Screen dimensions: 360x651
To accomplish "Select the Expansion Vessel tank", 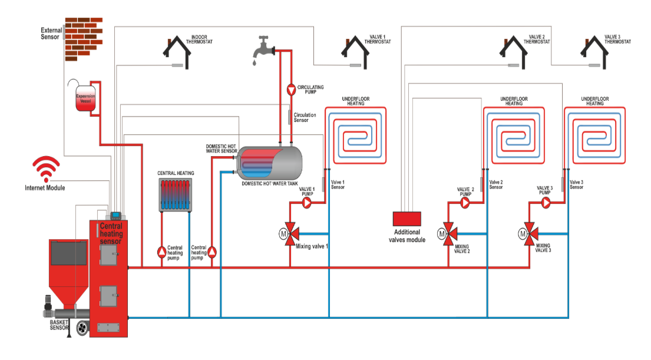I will pyautogui.click(x=85, y=99).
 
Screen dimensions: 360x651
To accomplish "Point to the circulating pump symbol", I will pyautogui.click(x=291, y=90).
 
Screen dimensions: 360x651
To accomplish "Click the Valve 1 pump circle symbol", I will pyautogui.click(x=306, y=202).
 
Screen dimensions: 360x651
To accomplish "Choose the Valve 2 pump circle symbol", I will pyautogui.click(x=465, y=203).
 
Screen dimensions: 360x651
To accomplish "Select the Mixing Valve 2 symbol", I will pyautogui.click(x=448, y=233).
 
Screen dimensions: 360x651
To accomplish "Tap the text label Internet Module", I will pyautogui.click(x=45, y=188).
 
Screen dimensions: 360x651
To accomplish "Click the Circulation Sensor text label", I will pyautogui.click(x=305, y=117).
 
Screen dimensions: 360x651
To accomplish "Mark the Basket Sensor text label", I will pyautogui.click(x=59, y=325).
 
